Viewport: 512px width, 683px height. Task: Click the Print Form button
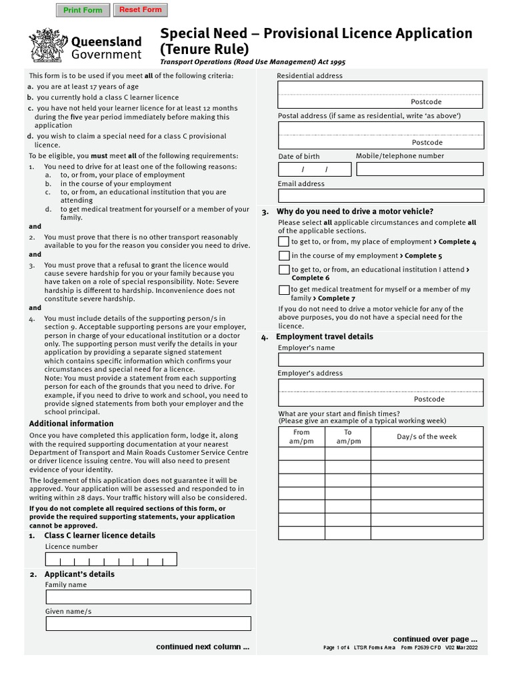point(83,10)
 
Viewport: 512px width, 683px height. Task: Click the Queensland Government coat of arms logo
point(46,45)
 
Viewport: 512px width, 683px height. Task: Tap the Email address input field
point(381,195)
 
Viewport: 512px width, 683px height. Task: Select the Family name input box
point(148,597)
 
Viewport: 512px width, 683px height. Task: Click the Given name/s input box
point(148,624)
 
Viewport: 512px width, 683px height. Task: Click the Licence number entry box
point(111,559)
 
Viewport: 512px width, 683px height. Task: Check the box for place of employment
point(285,241)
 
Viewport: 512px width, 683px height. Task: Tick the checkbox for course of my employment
point(285,255)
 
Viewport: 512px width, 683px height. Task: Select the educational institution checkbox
point(285,269)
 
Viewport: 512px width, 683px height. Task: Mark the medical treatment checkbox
point(285,290)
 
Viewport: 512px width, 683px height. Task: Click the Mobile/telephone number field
point(420,169)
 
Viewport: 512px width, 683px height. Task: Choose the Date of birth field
point(315,169)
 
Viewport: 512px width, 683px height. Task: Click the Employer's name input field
point(381,360)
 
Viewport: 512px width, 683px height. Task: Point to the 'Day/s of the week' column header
point(427,437)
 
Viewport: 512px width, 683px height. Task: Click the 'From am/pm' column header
point(301,437)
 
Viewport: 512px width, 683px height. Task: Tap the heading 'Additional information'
point(71,424)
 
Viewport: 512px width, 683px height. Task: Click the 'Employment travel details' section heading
point(325,337)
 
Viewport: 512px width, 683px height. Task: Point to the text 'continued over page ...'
point(435,638)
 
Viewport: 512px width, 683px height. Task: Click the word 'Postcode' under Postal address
point(427,142)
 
